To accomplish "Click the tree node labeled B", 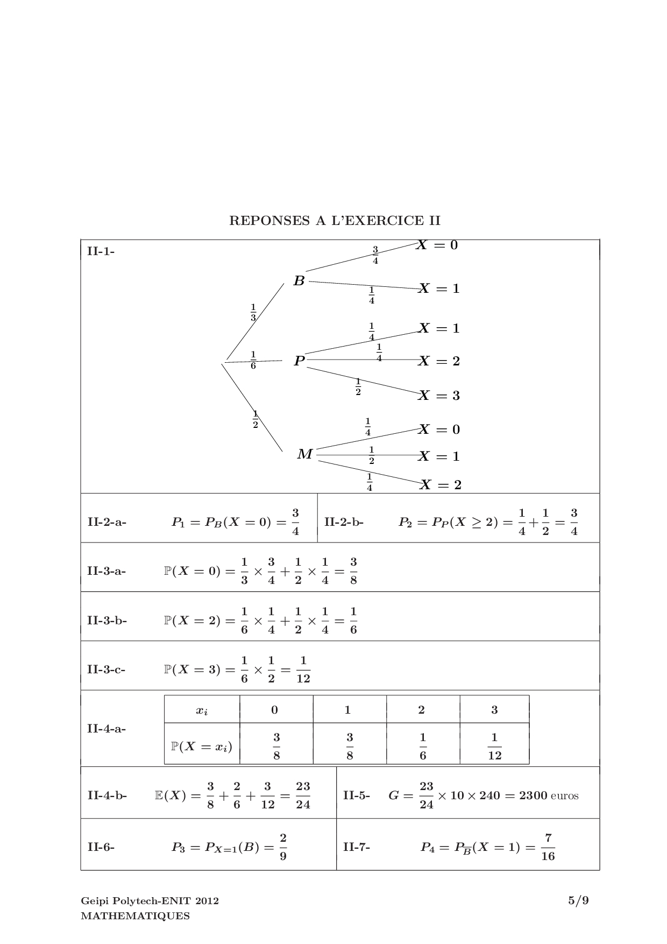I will (299, 280).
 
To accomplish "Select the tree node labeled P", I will (299, 361).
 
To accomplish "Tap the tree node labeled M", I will (304, 455).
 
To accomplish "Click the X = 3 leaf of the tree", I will (439, 396).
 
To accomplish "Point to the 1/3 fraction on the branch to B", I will (253, 312).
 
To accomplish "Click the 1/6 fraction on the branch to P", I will (253, 360).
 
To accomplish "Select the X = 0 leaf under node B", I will (437, 245).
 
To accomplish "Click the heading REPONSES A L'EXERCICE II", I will (335, 221).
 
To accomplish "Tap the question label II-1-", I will (101, 251).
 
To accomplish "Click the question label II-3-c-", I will (107, 670).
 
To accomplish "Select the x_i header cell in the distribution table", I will (202, 710).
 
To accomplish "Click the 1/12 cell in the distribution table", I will (494, 746).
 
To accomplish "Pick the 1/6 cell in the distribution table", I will (423, 746).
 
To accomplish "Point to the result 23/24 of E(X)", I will (303, 795).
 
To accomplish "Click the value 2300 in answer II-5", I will (533, 795).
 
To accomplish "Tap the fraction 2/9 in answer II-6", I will (283, 847).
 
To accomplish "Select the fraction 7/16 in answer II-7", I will (548, 847).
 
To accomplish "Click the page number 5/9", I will (578, 900).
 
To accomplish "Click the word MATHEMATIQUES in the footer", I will (135, 916).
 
